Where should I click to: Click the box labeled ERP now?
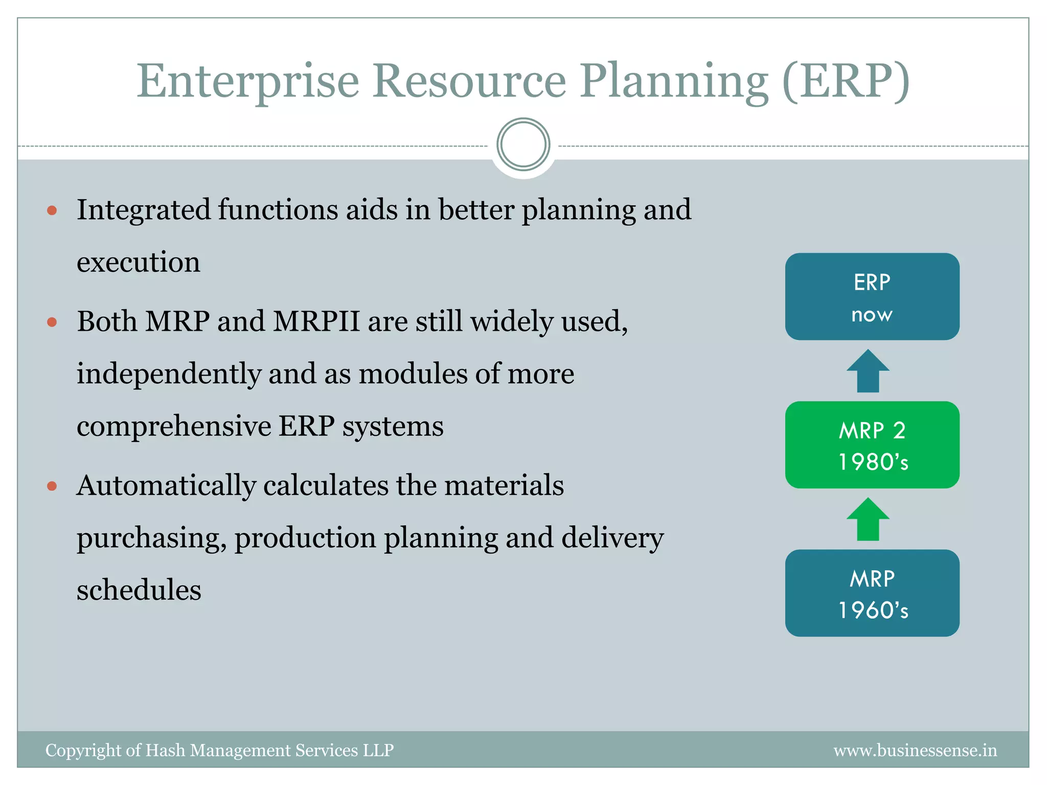[x=872, y=296]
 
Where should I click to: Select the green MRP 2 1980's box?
[x=872, y=445]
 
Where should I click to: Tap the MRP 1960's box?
[x=872, y=593]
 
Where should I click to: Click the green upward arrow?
[x=868, y=520]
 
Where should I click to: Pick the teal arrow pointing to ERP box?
[x=868, y=372]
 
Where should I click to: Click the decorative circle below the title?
[x=523, y=145]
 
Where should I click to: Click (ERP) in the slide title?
[x=846, y=82]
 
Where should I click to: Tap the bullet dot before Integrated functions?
[x=52, y=210]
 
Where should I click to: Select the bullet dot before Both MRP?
[x=52, y=322]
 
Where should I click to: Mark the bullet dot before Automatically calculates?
[x=52, y=486]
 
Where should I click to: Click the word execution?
[x=138, y=263]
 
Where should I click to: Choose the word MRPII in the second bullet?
[x=316, y=322]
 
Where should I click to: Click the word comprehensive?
[x=174, y=426]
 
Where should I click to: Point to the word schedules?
[x=139, y=590]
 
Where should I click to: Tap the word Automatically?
[x=166, y=486]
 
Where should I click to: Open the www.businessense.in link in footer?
[x=915, y=750]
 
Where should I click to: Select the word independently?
[x=169, y=374]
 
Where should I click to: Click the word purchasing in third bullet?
[x=151, y=539]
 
